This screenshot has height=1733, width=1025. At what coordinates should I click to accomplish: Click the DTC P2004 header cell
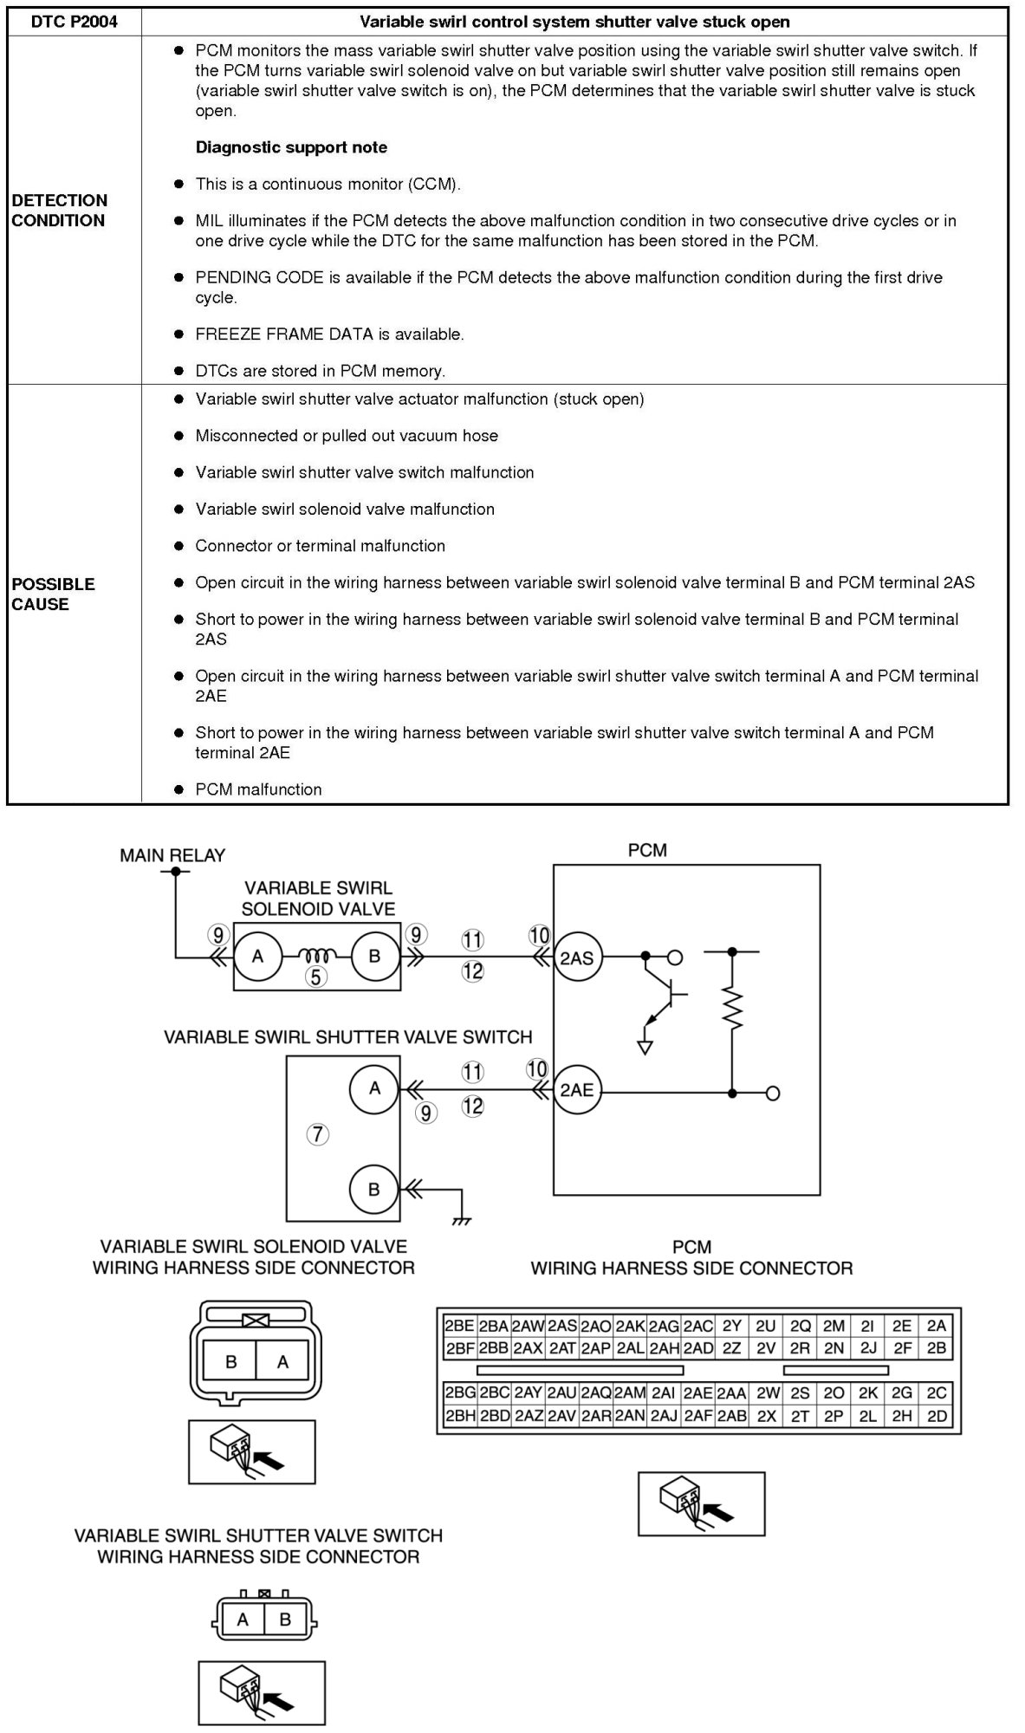click(x=75, y=22)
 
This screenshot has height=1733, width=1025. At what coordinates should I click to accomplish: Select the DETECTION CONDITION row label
click(x=60, y=211)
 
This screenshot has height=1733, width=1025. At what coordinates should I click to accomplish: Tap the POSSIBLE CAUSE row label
click(x=54, y=594)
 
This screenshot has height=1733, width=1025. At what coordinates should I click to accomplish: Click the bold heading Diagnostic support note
click(x=291, y=147)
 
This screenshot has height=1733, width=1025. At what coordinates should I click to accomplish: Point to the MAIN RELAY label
click(x=172, y=855)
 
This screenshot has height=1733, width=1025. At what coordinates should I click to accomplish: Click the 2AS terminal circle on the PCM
click(x=577, y=957)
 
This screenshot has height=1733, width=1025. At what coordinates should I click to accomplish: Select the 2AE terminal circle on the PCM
click(x=577, y=1090)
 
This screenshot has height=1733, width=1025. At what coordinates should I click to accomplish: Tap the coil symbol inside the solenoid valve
click(x=316, y=957)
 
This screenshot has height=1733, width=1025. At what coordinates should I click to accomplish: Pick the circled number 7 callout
click(x=318, y=1134)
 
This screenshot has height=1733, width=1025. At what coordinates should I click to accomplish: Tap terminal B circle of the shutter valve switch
click(x=374, y=1189)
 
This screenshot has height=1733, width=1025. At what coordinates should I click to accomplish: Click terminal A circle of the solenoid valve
click(x=257, y=957)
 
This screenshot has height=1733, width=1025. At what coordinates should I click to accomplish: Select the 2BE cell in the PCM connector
click(x=459, y=1326)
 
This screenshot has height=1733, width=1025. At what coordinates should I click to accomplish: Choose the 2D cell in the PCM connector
click(x=937, y=1417)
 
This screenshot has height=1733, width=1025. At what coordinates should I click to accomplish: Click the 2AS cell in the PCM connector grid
click(x=561, y=1326)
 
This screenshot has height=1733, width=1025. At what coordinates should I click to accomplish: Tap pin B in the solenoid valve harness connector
click(x=230, y=1362)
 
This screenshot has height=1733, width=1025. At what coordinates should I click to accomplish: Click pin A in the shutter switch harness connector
click(x=243, y=1619)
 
